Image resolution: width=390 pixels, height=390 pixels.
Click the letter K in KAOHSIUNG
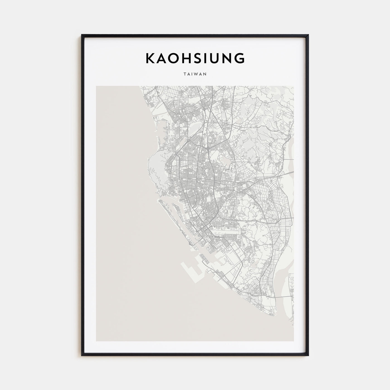[150, 58]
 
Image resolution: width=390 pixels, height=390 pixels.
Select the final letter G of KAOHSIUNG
[240, 58]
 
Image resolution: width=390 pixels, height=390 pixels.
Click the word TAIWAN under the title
[195, 74]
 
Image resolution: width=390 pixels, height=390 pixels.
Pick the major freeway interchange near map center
[208, 150]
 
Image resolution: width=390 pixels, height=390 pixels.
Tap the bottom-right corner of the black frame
[308, 355]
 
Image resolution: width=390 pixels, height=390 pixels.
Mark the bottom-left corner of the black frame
[82, 355]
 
